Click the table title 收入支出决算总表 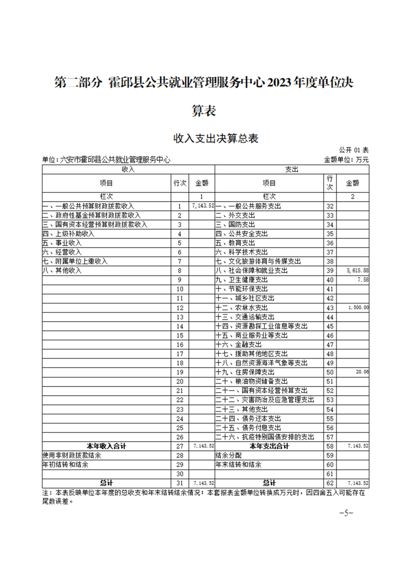click(203, 138)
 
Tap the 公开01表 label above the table click(353, 150)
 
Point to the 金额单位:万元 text click(346, 160)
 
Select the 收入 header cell click(128, 169)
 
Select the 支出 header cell click(292, 169)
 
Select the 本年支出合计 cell click(269, 446)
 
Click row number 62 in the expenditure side click(329, 483)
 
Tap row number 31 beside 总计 click(179, 483)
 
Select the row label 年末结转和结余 click(238, 465)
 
